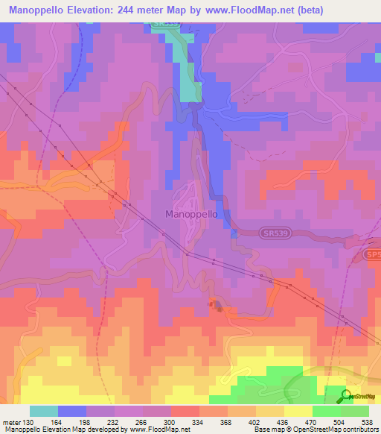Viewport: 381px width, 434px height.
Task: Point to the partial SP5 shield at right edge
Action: click(373, 255)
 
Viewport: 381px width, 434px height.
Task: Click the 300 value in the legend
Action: click(170, 421)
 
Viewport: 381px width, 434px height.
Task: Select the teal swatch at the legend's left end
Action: click(44, 411)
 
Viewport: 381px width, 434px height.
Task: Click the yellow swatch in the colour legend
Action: click(298, 411)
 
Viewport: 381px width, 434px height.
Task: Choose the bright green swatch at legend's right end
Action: click(355, 411)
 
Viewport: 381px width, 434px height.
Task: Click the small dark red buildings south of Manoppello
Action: click(216, 305)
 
